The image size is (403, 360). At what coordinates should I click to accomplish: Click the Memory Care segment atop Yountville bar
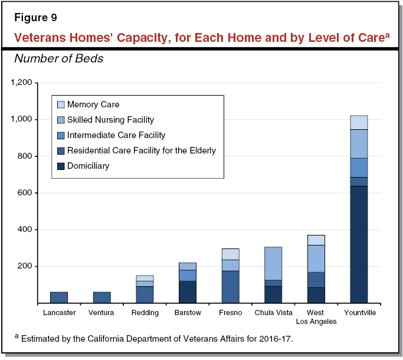coord(359,122)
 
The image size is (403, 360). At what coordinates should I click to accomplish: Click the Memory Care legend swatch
coord(61,105)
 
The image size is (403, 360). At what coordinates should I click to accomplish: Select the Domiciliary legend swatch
coord(61,166)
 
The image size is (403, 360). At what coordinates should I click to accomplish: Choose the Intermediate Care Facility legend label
coord(116,135)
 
